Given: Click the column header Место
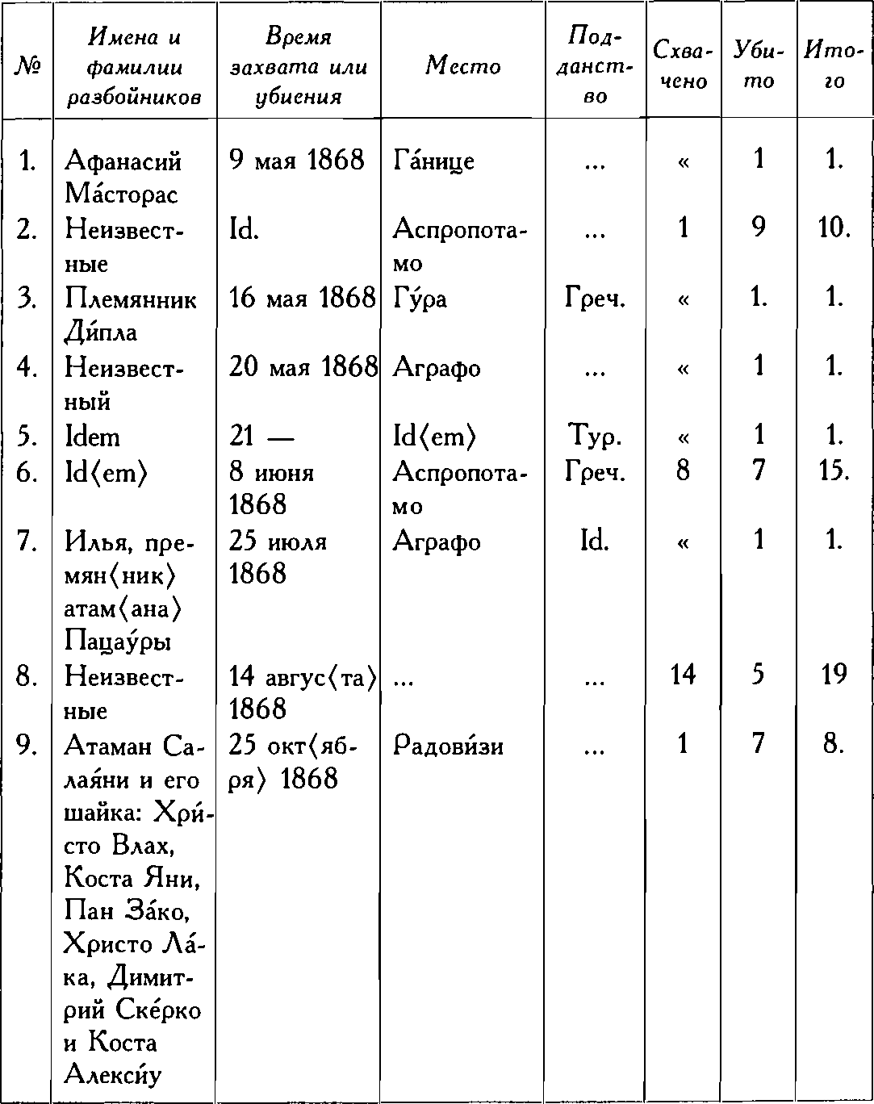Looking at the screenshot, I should click(463, 65).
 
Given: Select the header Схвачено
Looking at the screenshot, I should click(683, 65).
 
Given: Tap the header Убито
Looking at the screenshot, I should click(758, 65).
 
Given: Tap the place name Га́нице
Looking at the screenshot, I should click(433, 161).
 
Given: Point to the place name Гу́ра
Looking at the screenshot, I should click(420, 299).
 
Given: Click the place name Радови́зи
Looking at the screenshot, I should click(449, 745).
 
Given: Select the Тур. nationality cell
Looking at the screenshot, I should click(593, 437).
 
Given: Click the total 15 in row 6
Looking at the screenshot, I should click(834, 470).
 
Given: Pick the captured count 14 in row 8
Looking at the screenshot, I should click(683, 675).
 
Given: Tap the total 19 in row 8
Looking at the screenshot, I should click(834, 675).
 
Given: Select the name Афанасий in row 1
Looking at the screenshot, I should click(123, 161).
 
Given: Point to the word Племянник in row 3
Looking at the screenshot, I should click(131, 299).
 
